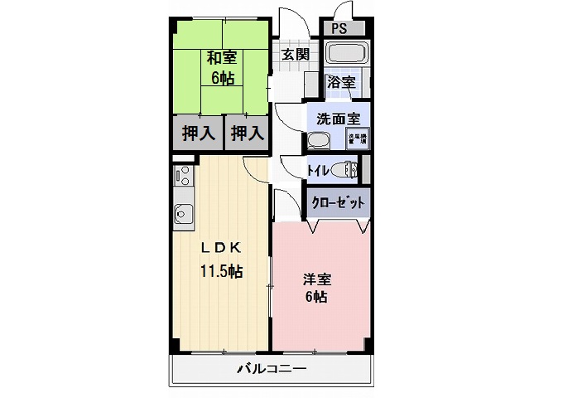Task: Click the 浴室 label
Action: [340, 82]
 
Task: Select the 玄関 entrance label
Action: [295, 55]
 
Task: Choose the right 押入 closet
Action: [247, 133]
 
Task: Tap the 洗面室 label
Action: [338, 117]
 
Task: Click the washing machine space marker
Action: [357, 138]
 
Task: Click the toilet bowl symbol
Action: [345, 171]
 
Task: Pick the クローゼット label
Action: [337, 201]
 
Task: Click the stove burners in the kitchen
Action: [182, 177]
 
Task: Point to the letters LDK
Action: [220, 247]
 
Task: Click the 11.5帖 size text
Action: [220, 270]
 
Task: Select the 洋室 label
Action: [315, 280]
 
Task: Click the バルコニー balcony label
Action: [271, 367]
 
